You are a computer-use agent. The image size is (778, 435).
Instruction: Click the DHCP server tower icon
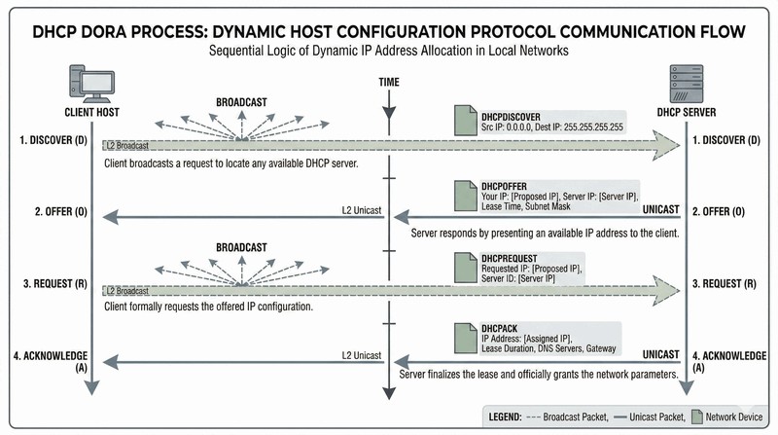click(x=689, y=83)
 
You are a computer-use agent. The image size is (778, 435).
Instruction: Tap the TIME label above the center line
click(x=388, y=84)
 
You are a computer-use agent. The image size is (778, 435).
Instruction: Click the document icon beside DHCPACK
click(x=467, y=339)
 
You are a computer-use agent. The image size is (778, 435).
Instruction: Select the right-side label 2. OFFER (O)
click(x=724, y=211)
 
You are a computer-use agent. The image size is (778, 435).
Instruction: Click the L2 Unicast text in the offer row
click(x=360, y=210)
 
